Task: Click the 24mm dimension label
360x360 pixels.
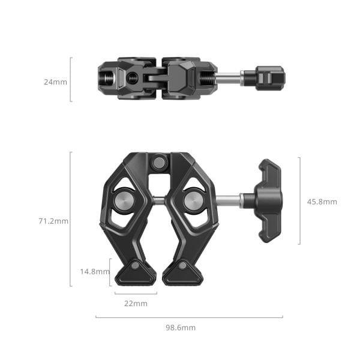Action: (x=55, y=82)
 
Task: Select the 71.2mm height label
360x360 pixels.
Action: (x=53, y=221)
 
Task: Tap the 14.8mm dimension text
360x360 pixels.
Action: (x=95, y=271)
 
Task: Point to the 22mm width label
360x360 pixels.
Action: (x=136, y=304)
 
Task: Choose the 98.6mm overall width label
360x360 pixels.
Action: (x=181, y=328)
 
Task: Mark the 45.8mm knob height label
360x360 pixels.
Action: (x=322, y=202)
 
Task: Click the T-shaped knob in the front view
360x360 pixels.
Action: (x=268, y=200)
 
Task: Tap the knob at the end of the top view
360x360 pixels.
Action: (x=269, y=78)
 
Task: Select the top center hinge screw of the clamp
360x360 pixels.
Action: (x=159, y=162)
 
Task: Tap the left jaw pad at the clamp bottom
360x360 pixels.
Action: (x=136, y=273)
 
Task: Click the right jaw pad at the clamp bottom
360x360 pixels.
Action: (x=182, y=273)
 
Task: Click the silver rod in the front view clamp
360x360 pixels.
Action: (x=229, y=200)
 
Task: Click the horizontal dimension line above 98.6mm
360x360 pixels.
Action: (x=189, y=317)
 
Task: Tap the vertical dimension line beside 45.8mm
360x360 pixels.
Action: (x=299, y=201)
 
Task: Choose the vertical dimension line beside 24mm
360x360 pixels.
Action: (x=71, y=79)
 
